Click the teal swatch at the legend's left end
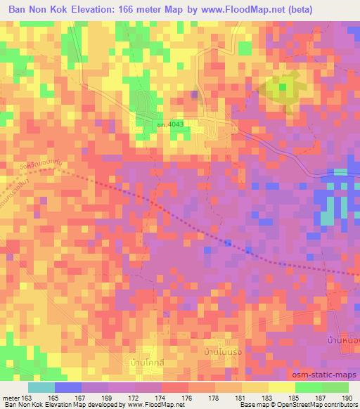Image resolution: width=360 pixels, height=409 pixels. click(x=41, y=387)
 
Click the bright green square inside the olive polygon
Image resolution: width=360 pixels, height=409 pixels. click(x=283, y=87)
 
